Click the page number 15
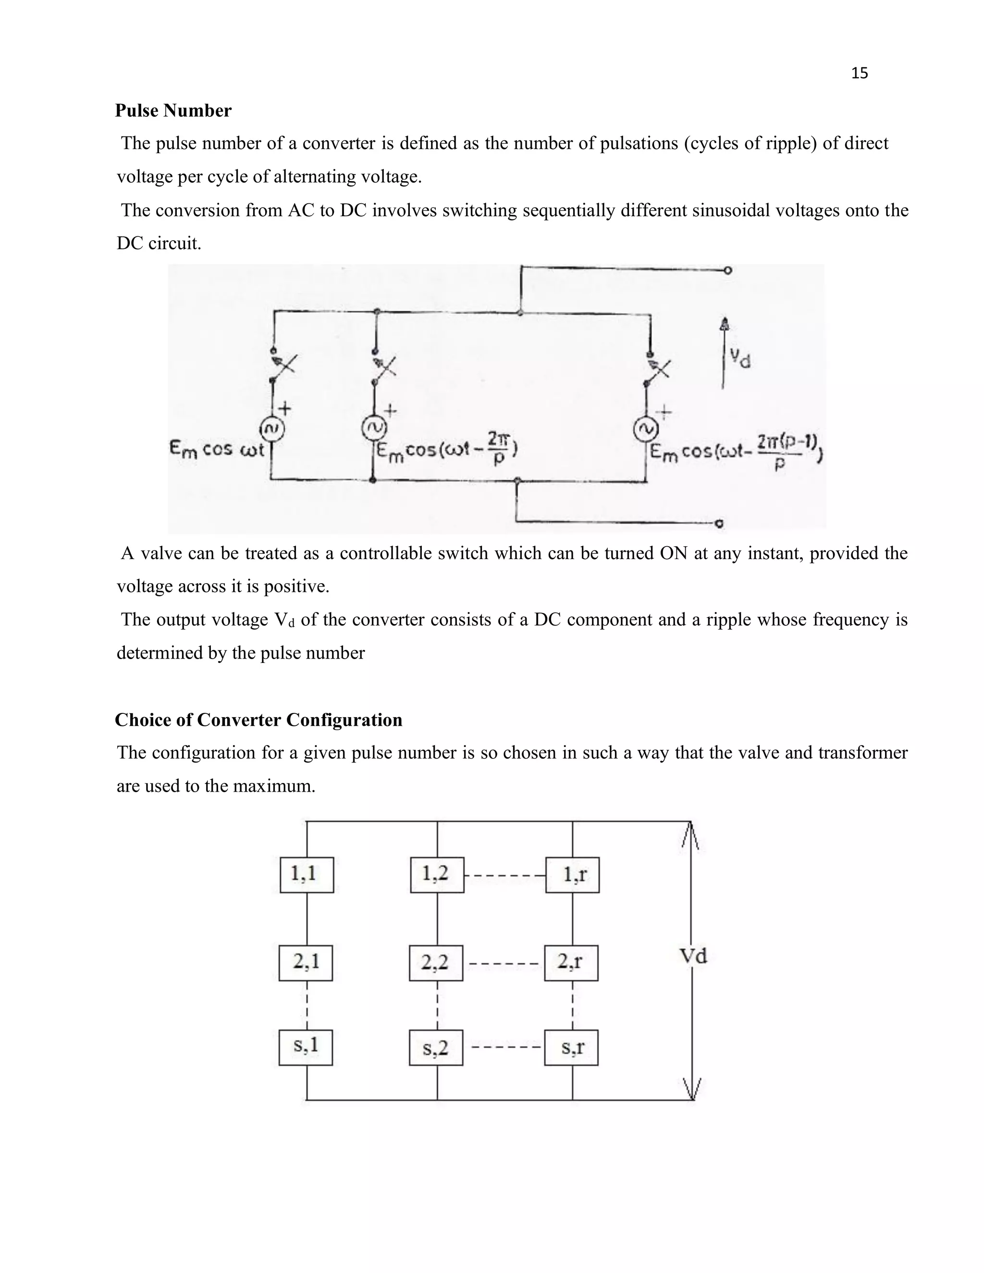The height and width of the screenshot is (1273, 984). [x=859, y=73]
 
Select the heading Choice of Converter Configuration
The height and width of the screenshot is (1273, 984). [x=258, y=720]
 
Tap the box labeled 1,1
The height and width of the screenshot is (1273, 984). [x=307, y=874]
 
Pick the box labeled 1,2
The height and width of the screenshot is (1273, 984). [x=437, y=874]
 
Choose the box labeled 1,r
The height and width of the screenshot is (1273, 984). [x=572, y=875]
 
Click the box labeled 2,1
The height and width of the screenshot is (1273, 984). [x=306, y=963]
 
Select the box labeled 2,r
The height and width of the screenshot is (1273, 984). [x=571, y=963]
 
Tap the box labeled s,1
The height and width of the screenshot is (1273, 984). [x=306, y=1047]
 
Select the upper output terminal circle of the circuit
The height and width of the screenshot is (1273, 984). [x=727, y=270]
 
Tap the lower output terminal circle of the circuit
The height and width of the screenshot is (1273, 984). [x=719, y=524]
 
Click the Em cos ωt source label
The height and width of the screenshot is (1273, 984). [x=217, y=450]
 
